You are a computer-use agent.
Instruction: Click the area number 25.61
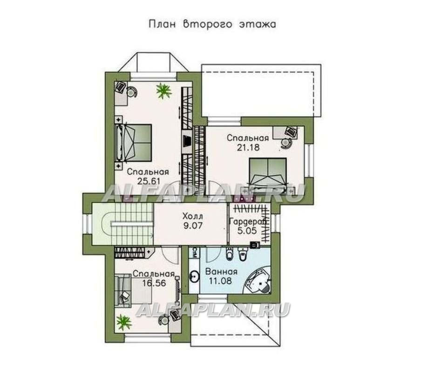coord(149,181)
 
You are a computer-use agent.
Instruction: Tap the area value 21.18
coord(248,147)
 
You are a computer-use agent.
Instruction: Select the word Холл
coord(193,216)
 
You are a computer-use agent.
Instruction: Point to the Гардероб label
coord(248,221)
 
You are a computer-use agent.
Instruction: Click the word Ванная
coord(221,272)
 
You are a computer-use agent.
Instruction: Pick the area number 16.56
coord(154,283)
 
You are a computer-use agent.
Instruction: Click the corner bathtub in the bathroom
coord(257,280)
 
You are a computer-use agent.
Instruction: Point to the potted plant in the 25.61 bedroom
coord(164,91)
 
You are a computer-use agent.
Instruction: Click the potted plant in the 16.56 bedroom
coord(124,322)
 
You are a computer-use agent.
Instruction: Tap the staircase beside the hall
coord(123,224)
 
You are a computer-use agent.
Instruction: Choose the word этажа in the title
coord(258,24)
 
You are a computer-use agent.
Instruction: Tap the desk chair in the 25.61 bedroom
coord(132,91)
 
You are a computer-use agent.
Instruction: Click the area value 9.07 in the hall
coord(192,226)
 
